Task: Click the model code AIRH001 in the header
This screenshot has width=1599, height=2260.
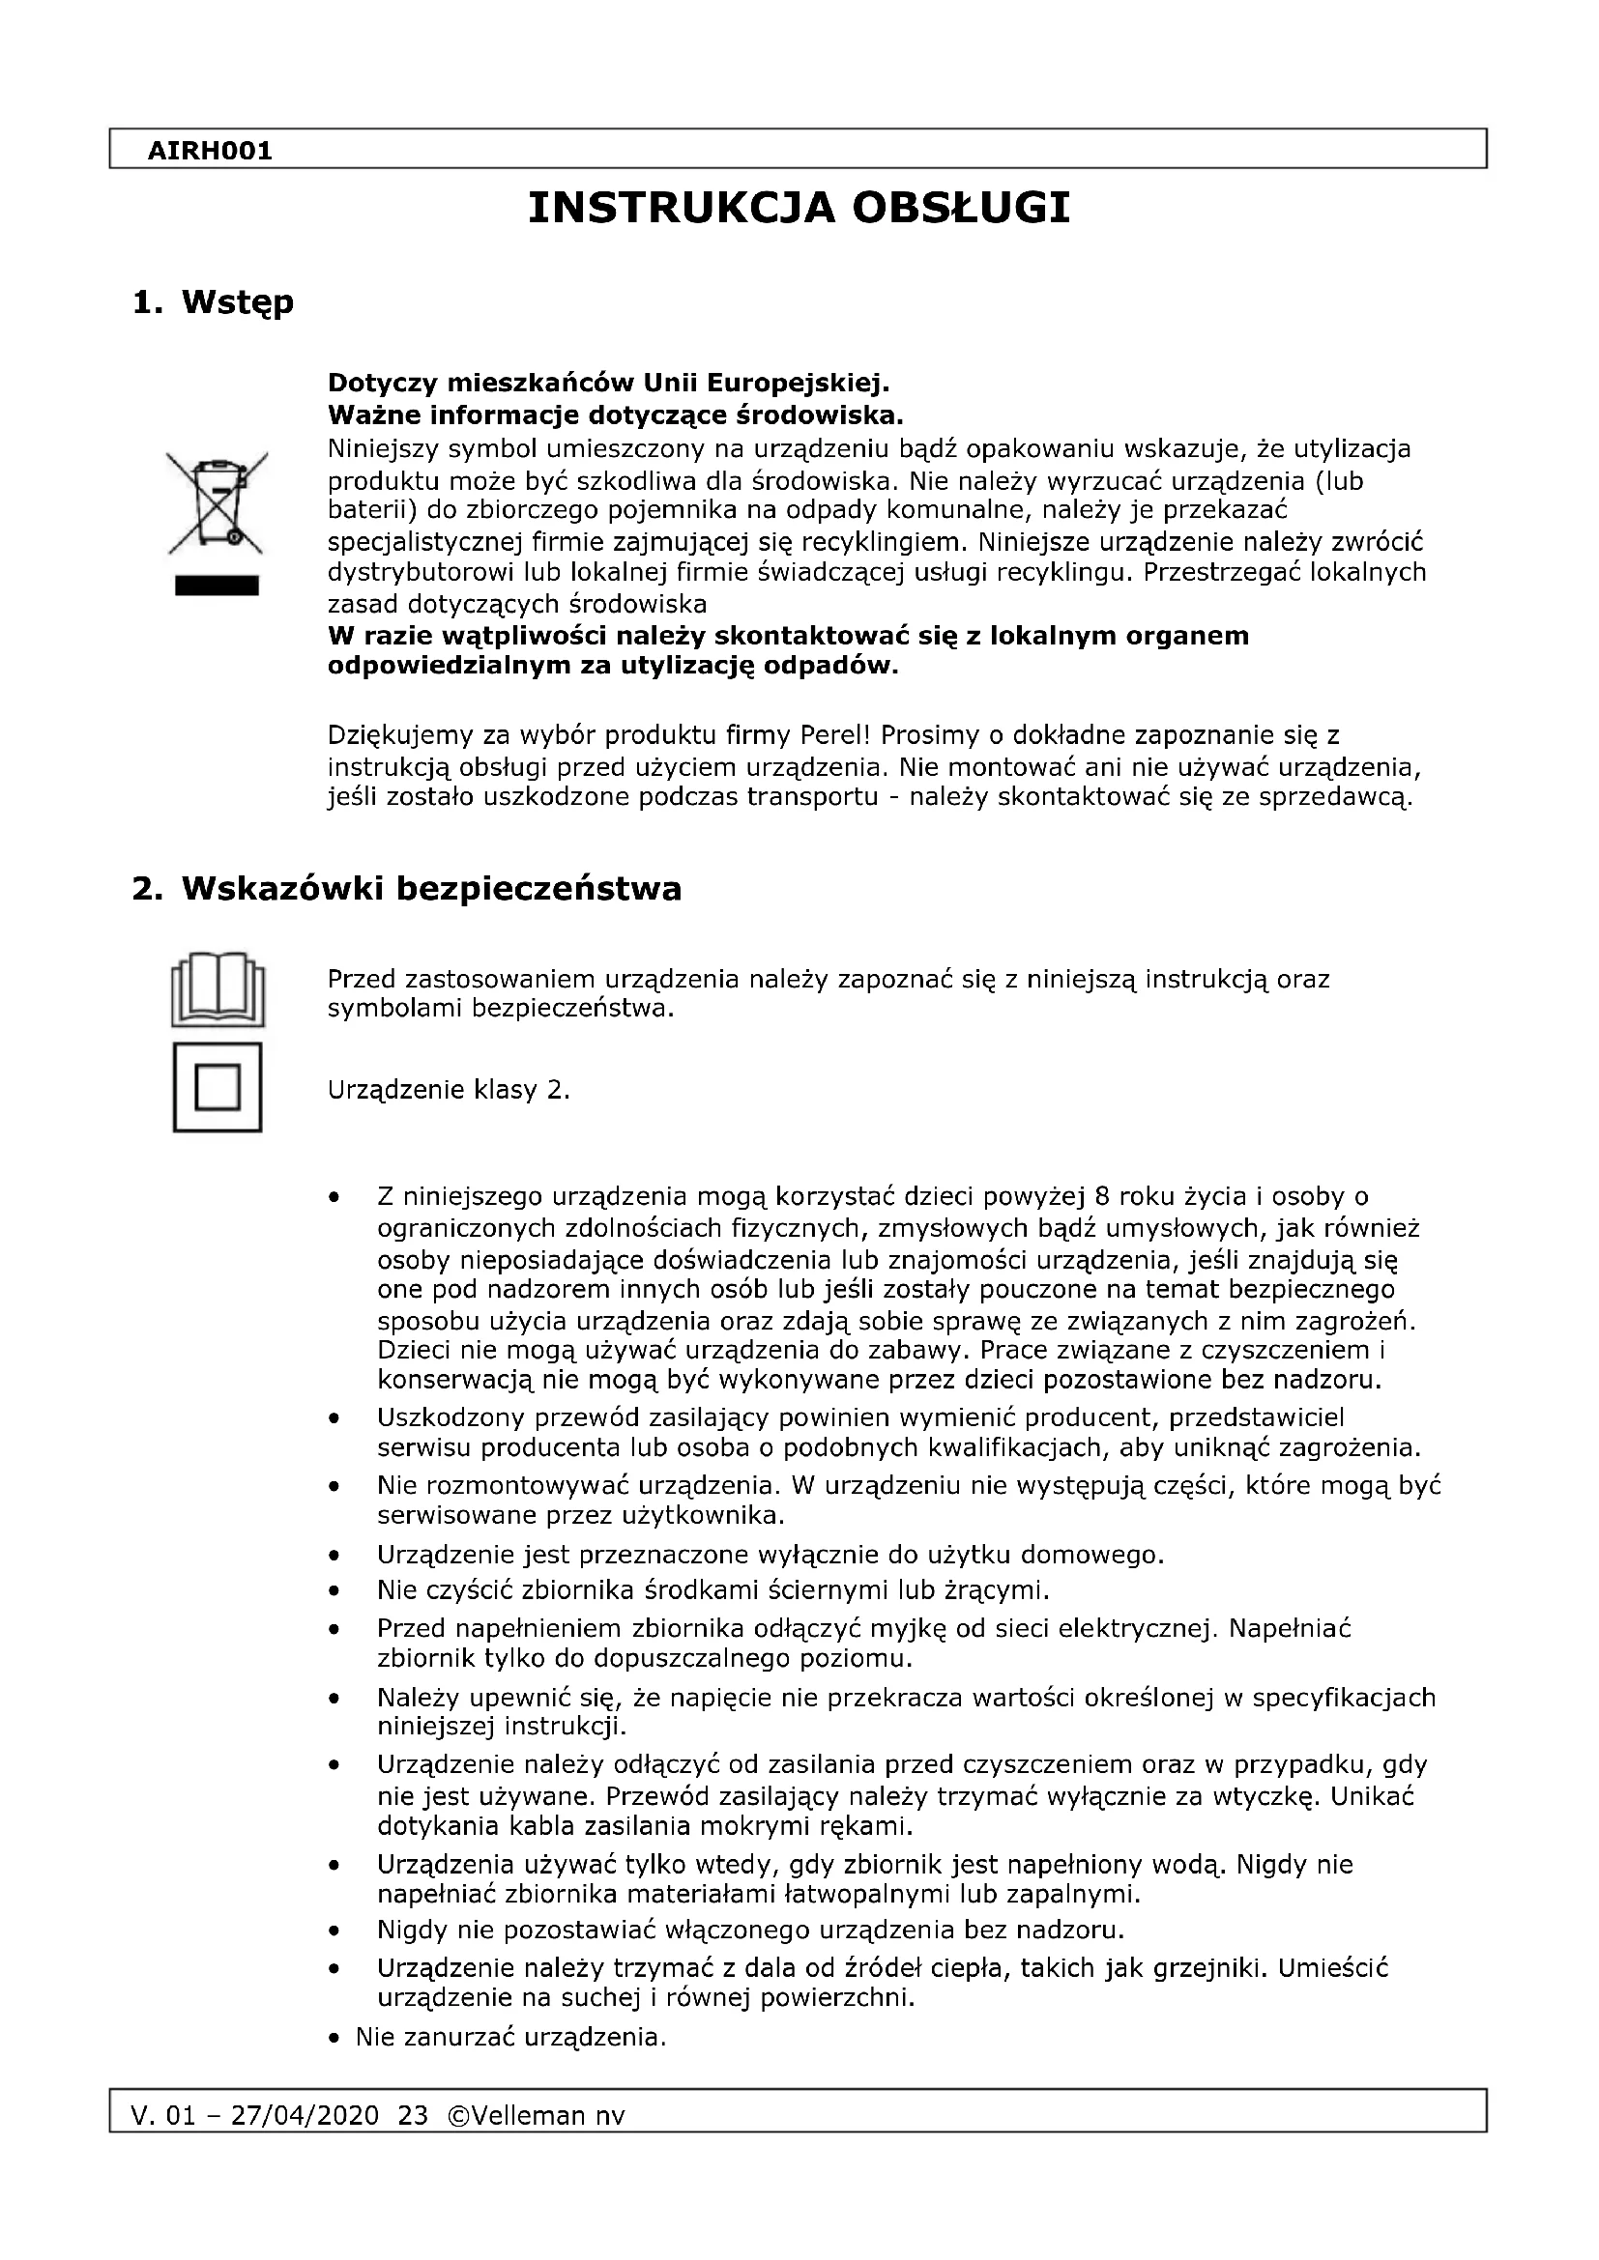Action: tap(209, 151)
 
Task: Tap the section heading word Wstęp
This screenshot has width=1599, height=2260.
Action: tap(237, 302)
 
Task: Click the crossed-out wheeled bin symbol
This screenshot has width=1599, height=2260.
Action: tap(217, 502)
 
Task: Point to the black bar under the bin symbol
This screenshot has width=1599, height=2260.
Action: tap(217, 586)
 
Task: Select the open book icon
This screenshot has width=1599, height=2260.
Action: tap(218, 988)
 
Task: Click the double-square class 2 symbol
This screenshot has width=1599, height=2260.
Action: tap(218, 1088)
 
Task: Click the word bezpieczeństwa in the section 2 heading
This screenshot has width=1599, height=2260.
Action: tap(538, 889)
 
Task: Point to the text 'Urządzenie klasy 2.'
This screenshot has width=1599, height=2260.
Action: tap(449, 1090)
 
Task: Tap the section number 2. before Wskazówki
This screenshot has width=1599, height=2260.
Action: tap(147, 889)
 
